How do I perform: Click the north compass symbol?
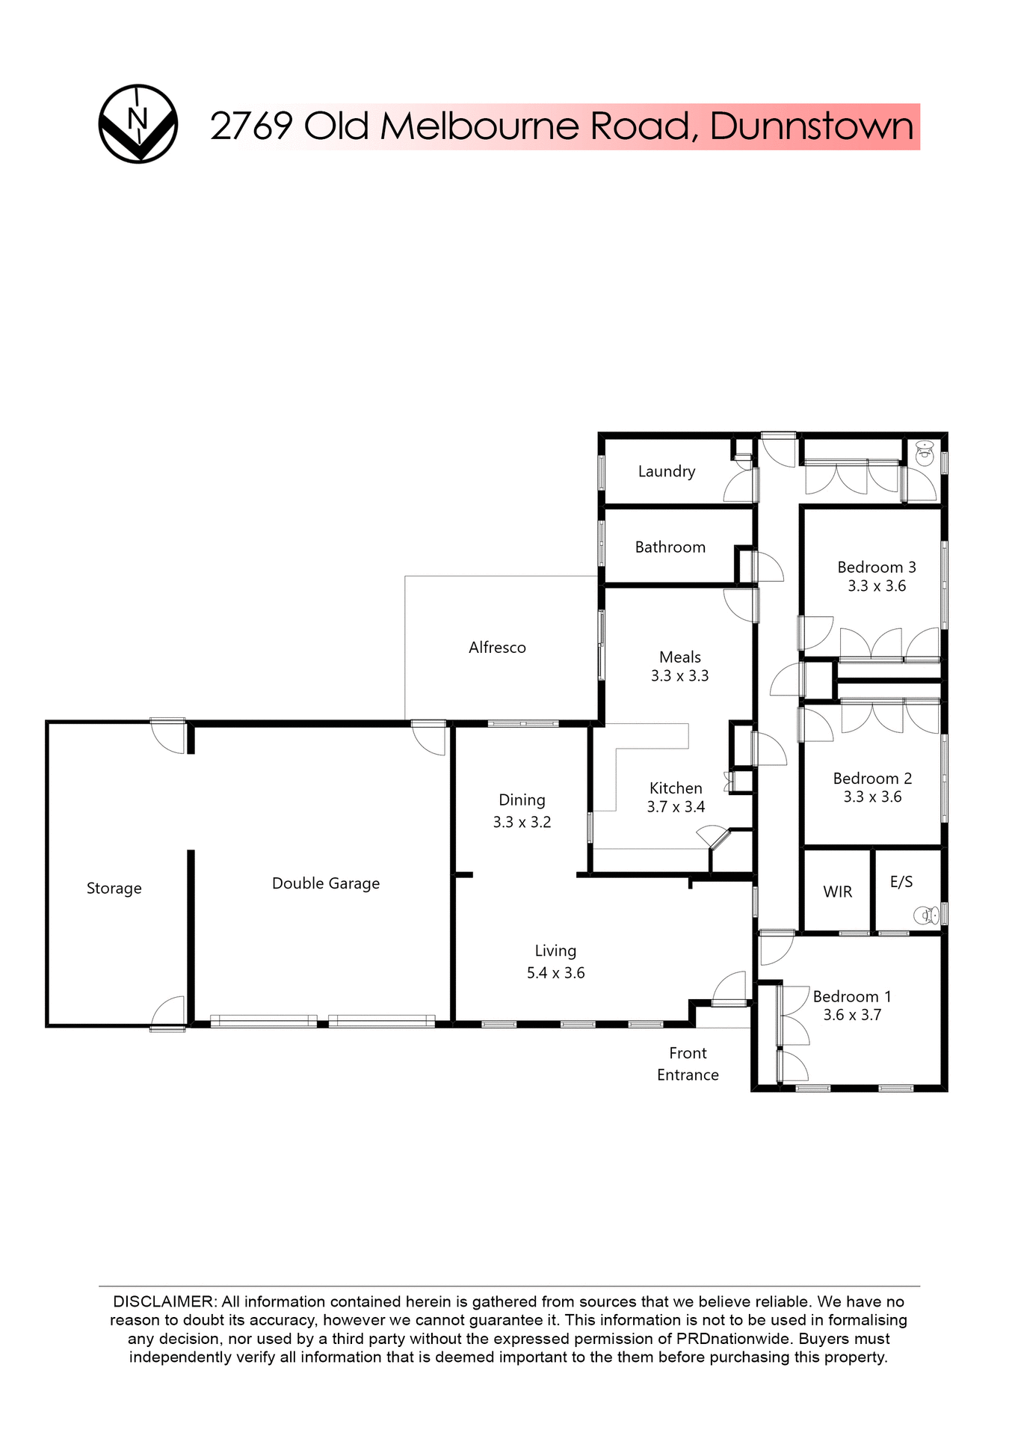[138, 124]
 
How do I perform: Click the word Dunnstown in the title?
[812, 126]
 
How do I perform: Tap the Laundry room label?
[666, 471]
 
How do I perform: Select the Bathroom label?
[670, 547]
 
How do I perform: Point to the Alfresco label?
[497, 648]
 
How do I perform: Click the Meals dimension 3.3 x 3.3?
[679, 676]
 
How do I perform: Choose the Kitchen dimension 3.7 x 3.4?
[676, 807]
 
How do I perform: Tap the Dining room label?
[522, 800]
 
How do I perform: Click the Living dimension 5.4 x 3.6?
[555, 973]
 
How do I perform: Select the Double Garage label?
[326, 883]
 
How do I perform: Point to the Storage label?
[114, 889]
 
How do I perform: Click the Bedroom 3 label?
[876, 568]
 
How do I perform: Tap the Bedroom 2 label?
[872, 779]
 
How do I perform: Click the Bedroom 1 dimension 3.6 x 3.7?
[852, 1015]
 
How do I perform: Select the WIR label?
[837, 892]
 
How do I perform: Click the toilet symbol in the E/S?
[926, 915]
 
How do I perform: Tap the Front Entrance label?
[688, 1064]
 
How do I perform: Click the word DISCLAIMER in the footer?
[163, 1301]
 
